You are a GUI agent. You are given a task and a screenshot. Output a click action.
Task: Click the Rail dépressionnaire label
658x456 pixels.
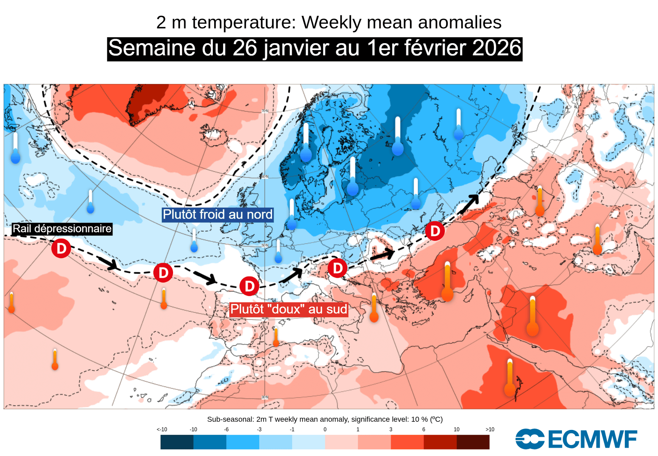click(62, 229)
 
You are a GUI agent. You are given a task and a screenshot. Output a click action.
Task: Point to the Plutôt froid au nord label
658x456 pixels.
click(218, 214)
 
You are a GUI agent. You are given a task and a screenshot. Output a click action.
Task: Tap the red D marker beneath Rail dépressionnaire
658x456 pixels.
click(61, 248)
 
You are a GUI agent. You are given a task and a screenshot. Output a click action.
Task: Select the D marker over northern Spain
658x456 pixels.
click(249, 286)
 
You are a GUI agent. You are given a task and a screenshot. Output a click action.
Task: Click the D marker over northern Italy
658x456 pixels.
click(338, 268)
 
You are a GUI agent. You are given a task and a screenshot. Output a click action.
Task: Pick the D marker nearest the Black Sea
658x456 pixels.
click(435, 231)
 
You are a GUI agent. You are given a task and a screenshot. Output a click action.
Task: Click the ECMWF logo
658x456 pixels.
click(576, 439)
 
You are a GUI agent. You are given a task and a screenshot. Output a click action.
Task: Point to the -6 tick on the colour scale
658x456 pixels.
click(226, 430)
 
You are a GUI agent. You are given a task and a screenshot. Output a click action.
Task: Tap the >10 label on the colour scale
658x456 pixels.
click(490, 430)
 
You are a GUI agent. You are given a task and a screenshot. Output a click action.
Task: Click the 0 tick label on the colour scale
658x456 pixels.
click(325, 430)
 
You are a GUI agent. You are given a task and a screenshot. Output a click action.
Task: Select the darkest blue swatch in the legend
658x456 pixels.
click(177, 442)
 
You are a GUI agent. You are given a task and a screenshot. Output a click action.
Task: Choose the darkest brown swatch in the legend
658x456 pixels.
click(473, 442)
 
